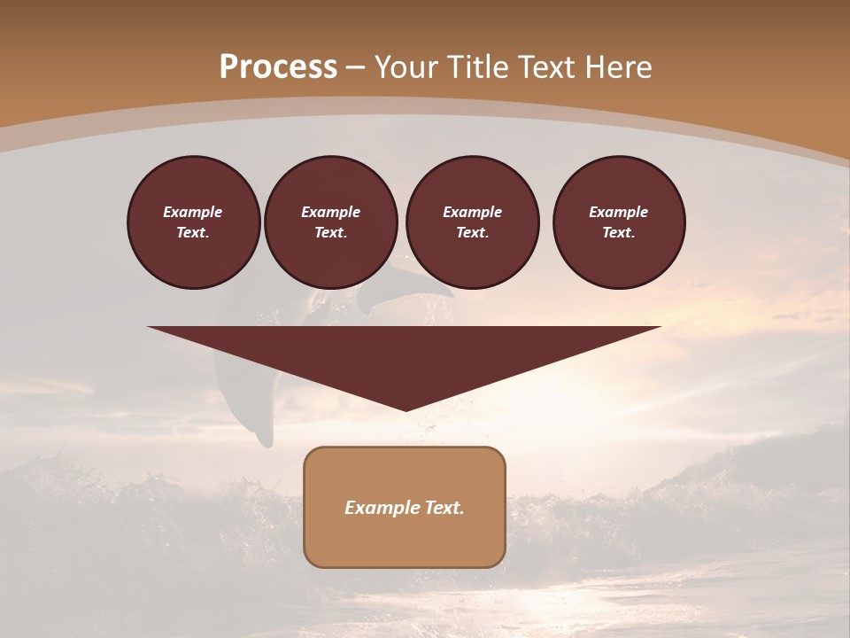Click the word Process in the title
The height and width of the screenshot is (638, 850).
278,67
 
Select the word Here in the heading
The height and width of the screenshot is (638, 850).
618,67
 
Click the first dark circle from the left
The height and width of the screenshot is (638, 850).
193,222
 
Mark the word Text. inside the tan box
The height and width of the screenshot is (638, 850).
444,508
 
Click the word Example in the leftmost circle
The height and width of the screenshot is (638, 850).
193,212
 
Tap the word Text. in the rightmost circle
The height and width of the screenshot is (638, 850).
618,232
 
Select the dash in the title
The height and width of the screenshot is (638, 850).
356,67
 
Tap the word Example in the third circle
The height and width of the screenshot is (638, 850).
472,212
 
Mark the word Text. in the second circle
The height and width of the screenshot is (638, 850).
330,232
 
